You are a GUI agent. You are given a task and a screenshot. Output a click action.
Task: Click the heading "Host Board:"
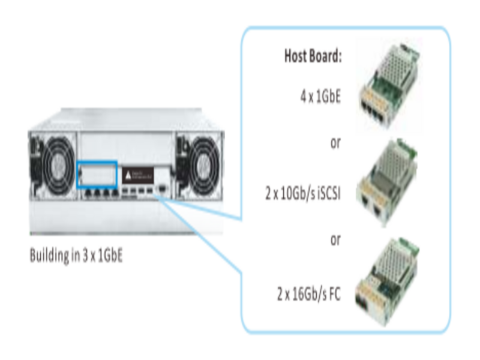click(312, 57)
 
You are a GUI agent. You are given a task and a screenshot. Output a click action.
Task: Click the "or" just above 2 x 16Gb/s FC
click(335, 240)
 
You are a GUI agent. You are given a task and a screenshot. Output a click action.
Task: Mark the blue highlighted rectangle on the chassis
click(97, 175)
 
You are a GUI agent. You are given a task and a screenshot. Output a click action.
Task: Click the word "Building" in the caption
click(49, 256)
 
